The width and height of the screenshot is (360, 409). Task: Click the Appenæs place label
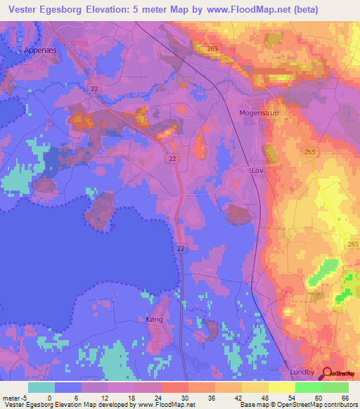click(41, 50)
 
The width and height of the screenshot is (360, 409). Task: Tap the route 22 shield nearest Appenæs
click(94, 88)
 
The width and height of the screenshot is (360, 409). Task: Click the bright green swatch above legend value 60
click(308, 387)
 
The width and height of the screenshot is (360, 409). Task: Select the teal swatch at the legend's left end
click(41, 387)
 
